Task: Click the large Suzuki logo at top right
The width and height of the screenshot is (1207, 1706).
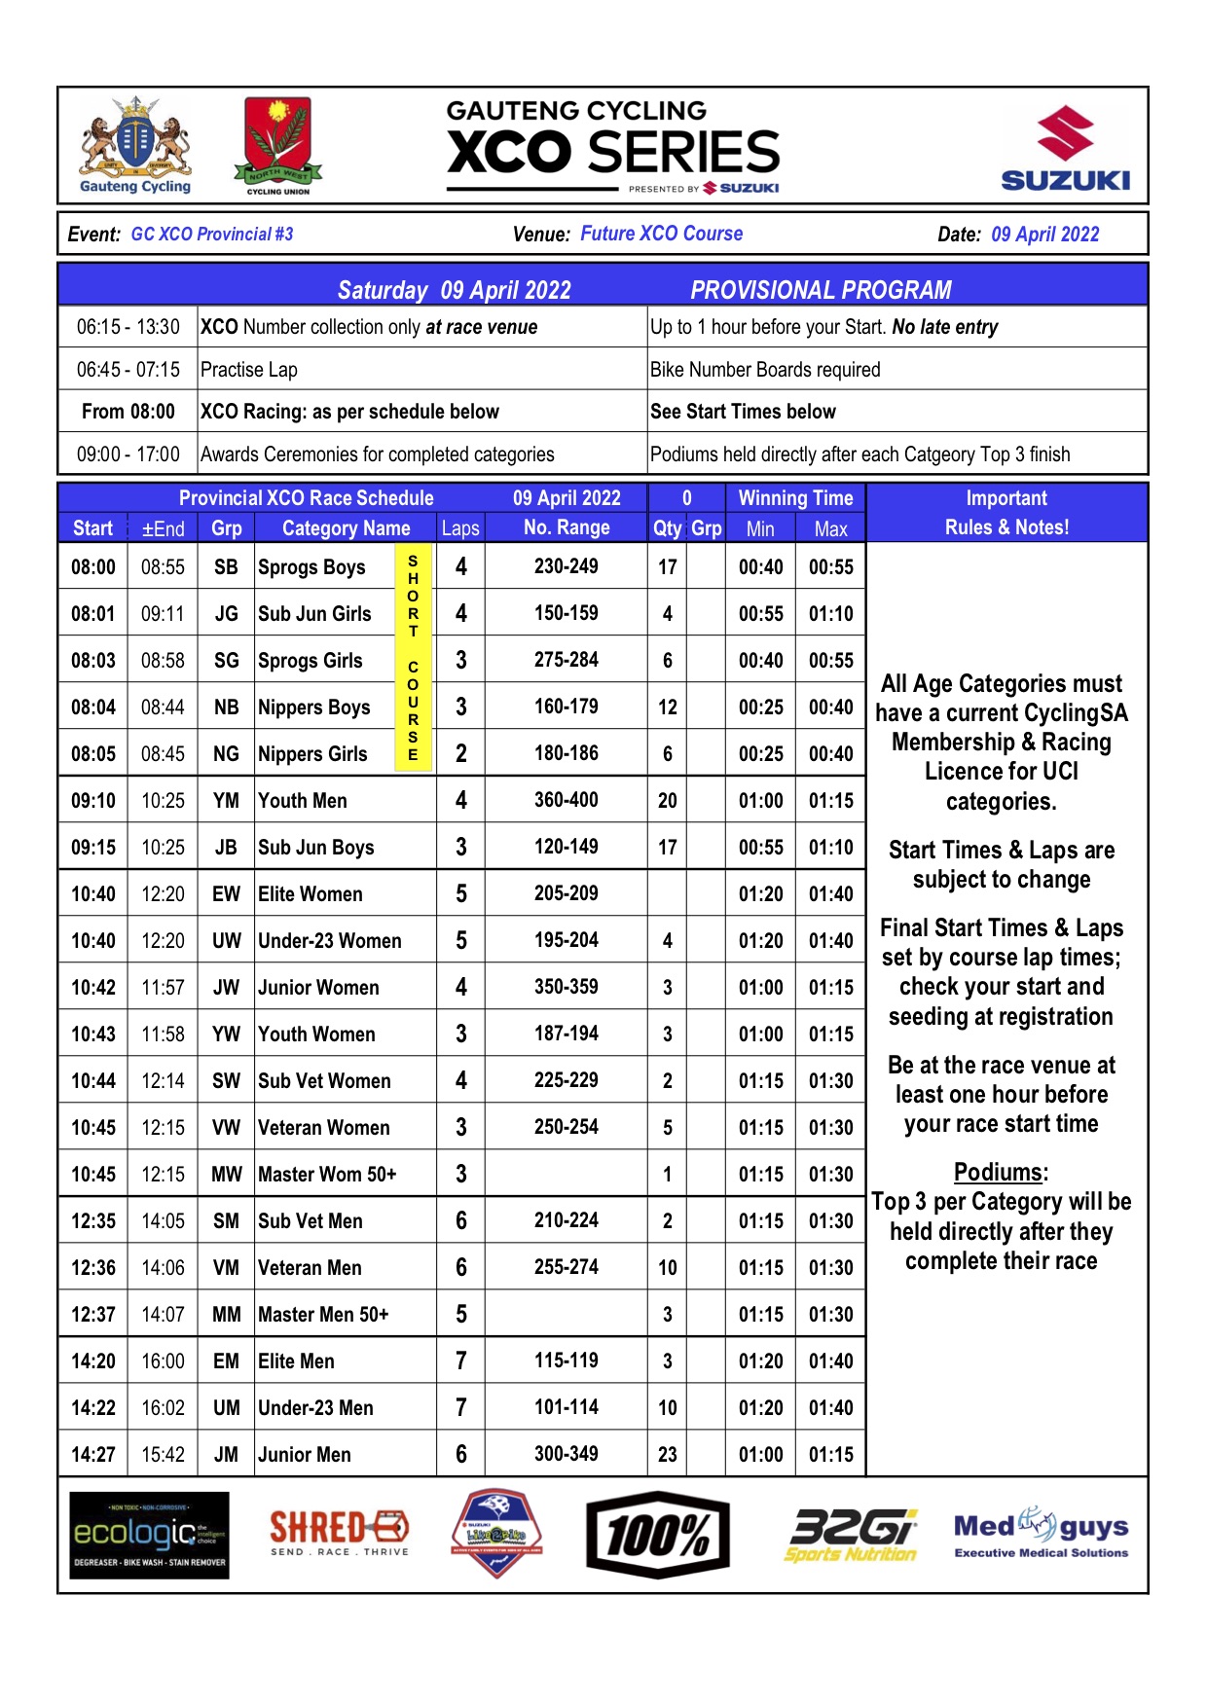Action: click(x=1065, y=148)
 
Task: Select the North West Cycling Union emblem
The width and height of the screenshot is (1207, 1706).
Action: click(x=277, y=145)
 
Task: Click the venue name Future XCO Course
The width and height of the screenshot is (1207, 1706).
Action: click(x=661, y=234)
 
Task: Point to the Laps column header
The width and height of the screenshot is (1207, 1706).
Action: click(x=460, y=528)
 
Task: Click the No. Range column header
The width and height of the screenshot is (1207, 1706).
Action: click(x=567, y=527)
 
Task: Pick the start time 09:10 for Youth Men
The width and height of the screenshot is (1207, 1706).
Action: click(x=93, y=801)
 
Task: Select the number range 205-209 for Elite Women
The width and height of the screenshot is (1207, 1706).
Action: click(x=567, y=893)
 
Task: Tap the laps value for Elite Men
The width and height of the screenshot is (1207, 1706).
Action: click(x=461, y=1361)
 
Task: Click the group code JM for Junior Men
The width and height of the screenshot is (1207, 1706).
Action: click(x=226, y=1454)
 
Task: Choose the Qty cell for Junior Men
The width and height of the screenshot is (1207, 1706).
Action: click(x=668, y=1454)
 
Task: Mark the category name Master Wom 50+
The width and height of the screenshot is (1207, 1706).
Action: click(x=327, y=1175)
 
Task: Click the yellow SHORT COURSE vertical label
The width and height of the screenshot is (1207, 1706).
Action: click(x=414, y=659)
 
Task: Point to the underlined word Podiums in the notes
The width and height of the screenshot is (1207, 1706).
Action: click(x=1000, y=1172)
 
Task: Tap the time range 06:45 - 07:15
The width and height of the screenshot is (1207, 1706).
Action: click(x=128, y=370)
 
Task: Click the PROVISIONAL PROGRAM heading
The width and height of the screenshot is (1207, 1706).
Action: click(x=821, y=290)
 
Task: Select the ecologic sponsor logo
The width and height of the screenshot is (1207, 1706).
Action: click(x=150, y=1535)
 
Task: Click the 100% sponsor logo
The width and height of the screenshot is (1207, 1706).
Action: click(x=658, y=1535)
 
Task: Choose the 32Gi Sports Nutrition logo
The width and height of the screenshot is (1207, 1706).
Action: click(x=852, y=1535)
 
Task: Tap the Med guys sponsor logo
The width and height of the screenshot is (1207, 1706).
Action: click(x=1042, y=1533)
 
